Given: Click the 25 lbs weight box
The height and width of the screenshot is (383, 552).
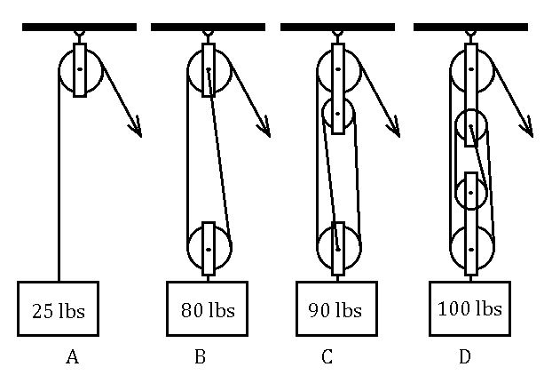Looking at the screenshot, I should (59, 309).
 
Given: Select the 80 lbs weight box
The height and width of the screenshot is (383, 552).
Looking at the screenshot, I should (208, 309).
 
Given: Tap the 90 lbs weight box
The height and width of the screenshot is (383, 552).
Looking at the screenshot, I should (335, 309).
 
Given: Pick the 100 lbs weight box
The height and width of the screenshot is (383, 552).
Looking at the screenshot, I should (469, 308).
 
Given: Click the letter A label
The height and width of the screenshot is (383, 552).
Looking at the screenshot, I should (73, 357).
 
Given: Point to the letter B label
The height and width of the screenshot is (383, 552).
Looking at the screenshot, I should (201, 357).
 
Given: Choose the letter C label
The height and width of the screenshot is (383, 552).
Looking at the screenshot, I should (327, 357).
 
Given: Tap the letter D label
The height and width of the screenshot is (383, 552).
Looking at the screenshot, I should (465, 357).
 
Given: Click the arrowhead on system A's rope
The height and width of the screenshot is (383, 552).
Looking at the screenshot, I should (137, 130).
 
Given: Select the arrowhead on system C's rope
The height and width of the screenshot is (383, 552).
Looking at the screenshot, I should (395, 130).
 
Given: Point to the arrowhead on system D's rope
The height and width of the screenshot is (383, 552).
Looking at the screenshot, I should (527, 130).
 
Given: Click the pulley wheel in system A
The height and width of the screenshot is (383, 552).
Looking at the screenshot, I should (80, 68).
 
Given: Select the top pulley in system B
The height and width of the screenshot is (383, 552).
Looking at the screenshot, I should (209, 69).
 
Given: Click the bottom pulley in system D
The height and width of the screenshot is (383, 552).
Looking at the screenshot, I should (471, 250).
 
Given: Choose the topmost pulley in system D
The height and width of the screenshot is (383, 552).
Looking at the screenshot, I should (471, 69).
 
